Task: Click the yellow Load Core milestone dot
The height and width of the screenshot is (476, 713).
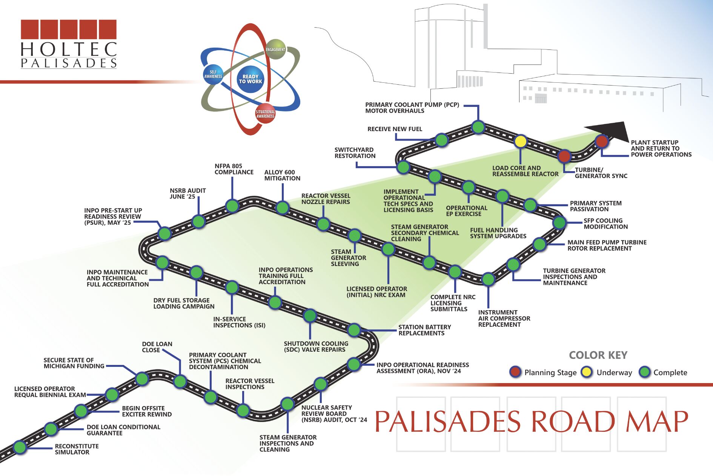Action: (520, 141)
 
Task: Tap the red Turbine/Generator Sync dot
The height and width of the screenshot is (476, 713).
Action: (564, 156)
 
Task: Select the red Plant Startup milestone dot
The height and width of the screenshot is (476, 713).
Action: (602, 141)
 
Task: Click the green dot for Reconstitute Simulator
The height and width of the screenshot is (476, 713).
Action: (20, 447)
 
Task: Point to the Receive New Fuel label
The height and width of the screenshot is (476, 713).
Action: (395, 129)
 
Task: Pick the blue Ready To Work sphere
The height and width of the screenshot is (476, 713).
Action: (250, 79)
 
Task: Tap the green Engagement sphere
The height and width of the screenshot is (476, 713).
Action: (276, 49)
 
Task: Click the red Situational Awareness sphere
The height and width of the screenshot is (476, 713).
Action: (265, 113)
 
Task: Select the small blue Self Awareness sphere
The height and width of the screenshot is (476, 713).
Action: (213, 74)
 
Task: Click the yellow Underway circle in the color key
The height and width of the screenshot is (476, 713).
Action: (587, 372)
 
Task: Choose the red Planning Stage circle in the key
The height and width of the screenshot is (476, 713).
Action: (515, 372)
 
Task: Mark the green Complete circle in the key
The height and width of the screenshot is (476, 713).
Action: (645, 372)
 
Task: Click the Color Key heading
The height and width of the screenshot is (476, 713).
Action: (598, 355)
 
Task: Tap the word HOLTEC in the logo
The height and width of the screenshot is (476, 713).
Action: (69, 49)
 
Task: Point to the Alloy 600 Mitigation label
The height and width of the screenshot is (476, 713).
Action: (282, 175)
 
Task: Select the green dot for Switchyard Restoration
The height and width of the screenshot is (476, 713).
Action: (403, 167)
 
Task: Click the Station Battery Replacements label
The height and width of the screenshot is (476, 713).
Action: (425, 330)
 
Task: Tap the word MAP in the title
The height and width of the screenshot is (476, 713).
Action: (657, 421)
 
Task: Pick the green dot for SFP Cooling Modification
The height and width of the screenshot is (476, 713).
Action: (559, 223)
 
